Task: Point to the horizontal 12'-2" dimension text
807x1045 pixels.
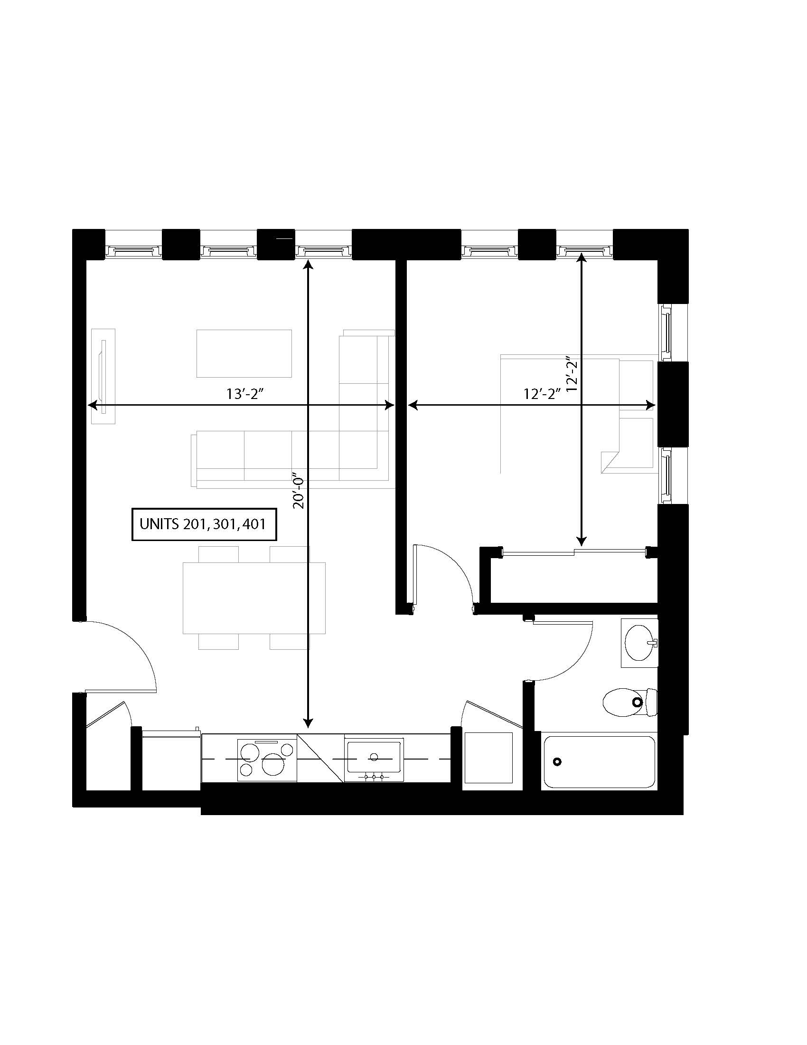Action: (x=542, y=394)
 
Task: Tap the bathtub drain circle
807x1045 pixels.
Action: (x=557, y=762)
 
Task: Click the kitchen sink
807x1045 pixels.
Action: (x=375, y=757)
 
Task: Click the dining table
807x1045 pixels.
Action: (x=254, y=598)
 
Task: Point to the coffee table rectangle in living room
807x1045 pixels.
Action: (x=244, y=353)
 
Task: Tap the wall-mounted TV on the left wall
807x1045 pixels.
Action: (x=103, y=376)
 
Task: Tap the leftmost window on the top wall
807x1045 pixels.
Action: (x=133, y=250)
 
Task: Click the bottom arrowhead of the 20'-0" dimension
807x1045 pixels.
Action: (x=309, y=723)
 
